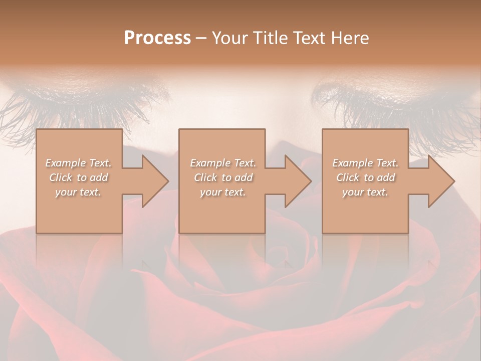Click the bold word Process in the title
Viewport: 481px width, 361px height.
click(x=157, y=38)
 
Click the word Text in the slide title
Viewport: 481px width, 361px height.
click(x=308, y=38)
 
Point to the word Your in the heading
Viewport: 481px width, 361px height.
click(x=230, y=38)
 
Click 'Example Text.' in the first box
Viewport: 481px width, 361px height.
click(x=79, y=163)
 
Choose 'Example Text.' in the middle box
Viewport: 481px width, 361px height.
click(x=223, y=163)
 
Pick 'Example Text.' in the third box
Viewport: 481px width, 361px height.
click(x=365, y=163)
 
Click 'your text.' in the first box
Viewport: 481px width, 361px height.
click(x=78, y=192)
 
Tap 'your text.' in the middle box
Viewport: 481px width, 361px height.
click(x=222, y=192)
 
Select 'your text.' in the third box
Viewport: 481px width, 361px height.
click(x=365, y=192)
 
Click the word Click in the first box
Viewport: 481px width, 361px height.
click(x=60, y=177)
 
